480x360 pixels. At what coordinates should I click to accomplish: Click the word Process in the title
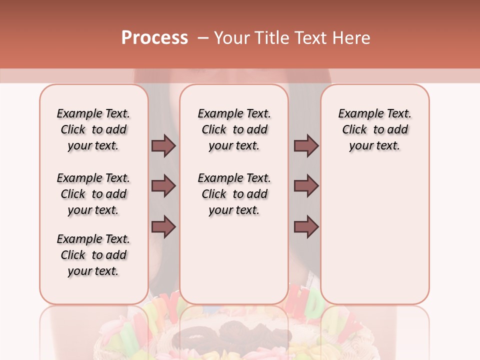point(154,38)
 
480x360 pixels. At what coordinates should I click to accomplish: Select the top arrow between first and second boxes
point(163,145)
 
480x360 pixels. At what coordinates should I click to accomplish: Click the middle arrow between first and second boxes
point(163,186)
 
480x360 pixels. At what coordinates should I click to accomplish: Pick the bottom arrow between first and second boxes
point(163,226)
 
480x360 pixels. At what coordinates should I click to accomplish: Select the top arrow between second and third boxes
point(306,145)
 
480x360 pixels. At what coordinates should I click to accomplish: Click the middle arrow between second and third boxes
point(306,186)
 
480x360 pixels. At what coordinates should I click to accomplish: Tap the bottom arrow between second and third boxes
point(306,226)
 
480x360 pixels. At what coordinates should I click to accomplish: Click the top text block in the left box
point(93,129)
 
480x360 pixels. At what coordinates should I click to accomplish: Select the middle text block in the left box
point(93,194)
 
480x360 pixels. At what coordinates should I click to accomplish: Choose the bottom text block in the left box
point(93,255)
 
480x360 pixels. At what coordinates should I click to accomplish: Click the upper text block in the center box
point(234,129)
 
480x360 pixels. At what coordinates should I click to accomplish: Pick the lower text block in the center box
point(234,194)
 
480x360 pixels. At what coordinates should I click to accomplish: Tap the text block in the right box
point(374,129)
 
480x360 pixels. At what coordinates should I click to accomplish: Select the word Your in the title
point(230,38)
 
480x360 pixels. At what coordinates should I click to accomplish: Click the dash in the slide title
point(203,38)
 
